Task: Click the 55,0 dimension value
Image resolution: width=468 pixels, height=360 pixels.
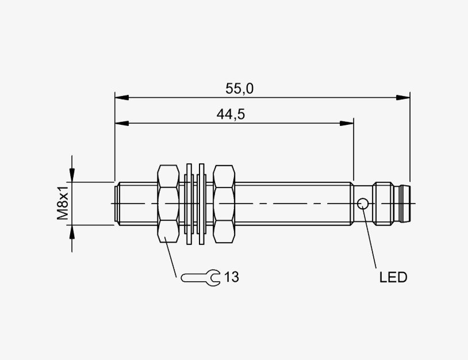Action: (239, 89)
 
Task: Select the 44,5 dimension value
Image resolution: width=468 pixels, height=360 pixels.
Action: (231, 114)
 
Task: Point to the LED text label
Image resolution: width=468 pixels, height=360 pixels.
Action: (393, 278)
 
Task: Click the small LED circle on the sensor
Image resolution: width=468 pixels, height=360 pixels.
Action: (363, 204)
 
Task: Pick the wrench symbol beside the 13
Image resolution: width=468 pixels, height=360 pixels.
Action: (201, 278)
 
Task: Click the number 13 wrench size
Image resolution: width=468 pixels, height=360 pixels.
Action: (232, 277)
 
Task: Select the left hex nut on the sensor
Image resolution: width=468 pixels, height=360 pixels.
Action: (168, 204)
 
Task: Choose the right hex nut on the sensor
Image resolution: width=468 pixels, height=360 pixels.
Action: (224, 204)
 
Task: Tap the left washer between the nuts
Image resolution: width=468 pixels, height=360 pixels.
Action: (189, 204)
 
